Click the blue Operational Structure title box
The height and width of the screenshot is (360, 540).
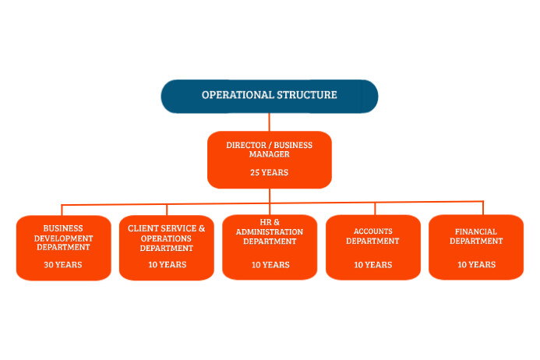269,96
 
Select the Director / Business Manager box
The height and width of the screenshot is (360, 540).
269,159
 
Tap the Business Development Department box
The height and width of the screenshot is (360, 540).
63,247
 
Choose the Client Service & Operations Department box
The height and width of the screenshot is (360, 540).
166,247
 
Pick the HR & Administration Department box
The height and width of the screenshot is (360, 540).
270,247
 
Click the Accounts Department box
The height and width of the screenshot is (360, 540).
372,247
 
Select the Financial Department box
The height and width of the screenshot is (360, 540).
475,247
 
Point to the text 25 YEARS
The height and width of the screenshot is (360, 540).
269,172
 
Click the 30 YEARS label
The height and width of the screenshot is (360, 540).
63,265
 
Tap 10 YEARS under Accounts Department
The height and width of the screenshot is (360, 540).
372,265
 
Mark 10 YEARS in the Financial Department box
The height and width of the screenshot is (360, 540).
475,265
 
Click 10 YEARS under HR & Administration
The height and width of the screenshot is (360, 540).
270,265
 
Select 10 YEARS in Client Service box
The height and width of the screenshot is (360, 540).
166,265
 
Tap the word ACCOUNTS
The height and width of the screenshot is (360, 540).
373,231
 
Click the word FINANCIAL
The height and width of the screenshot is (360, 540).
476,231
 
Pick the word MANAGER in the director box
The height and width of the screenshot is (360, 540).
270,154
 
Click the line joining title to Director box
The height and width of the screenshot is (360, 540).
269,122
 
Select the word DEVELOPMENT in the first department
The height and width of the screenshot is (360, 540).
64,238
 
